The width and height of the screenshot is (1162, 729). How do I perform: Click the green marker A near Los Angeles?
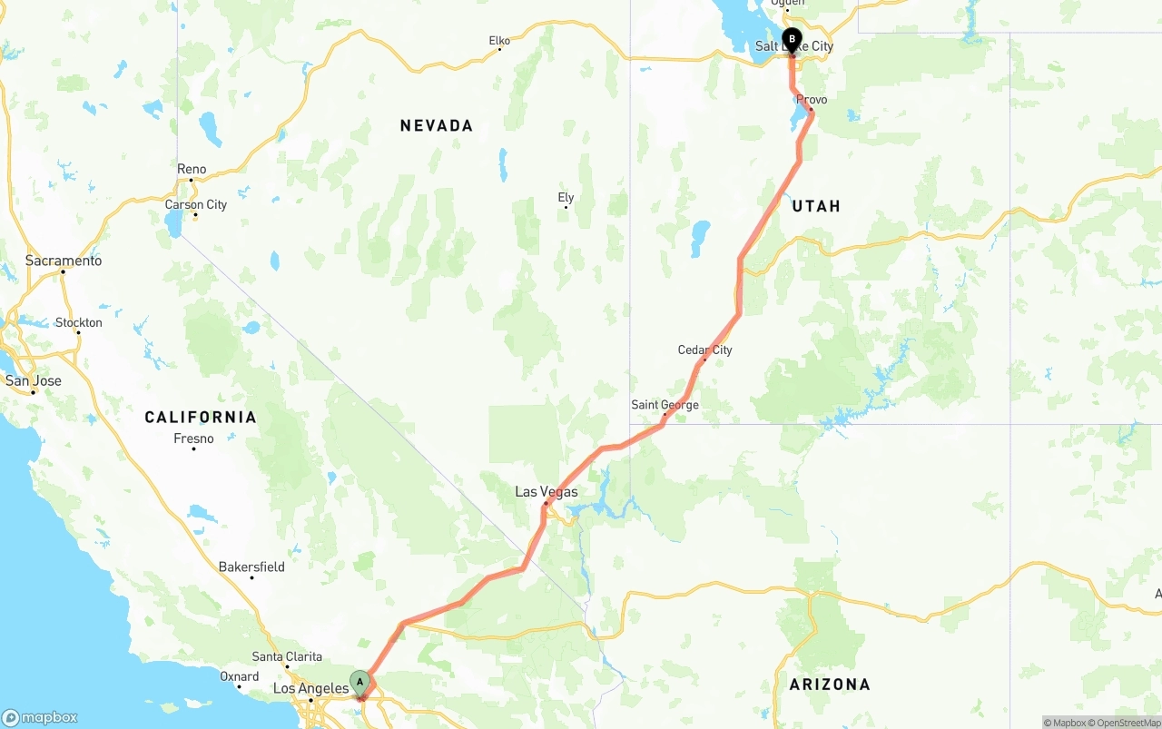pyautogui.click(x=359, y=682)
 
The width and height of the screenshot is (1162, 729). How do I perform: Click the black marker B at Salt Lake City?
pyautogui.click(x=792, y=39)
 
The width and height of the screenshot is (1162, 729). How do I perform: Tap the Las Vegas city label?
pyautogui.click(x=546, y=492)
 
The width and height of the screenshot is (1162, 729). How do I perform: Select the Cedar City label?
pyautogui.click(x=704, y=350)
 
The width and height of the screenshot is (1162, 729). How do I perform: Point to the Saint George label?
pyautogui.click(x=665, y=405)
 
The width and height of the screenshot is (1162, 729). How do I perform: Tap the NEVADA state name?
pyautogui.click(x=436, y=126)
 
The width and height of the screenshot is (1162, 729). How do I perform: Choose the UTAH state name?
pyautogui.click(x=816, y=207)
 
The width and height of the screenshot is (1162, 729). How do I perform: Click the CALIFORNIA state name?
pyautogui.click(x=201, y=418)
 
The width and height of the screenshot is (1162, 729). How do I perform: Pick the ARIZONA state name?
pyautogui.click(x=829, y=685)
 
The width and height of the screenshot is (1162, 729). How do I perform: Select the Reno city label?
pyautogui.click(x=192, y=170)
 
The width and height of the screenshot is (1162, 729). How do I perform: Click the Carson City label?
pyautogui.click(x=196, y=205)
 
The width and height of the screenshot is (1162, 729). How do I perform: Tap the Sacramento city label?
pyautogui.click(x=64, y=261)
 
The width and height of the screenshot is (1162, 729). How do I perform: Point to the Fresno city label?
pyautogui.click(x=193, y=439)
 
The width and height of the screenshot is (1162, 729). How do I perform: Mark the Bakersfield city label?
pyautogui.click(x=251, y=567)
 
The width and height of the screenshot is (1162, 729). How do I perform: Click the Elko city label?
pyautogui.click(x=499, y=41)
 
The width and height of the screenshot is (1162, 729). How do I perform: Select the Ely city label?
pyautogui.click(x=566, y=198)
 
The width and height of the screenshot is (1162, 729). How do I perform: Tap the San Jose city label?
pyautogui.click(x=34, y=381)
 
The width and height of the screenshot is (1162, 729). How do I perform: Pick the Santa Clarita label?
pyautogui.click(x=286, y=656)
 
